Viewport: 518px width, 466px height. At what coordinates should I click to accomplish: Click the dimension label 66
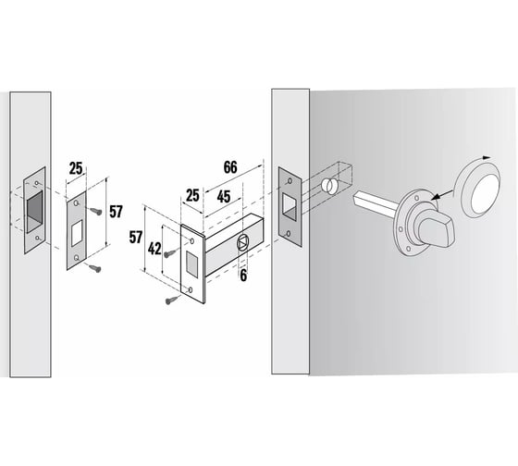(x=230, y=167)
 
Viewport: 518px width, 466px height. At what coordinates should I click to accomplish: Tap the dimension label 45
(x=224, y=197)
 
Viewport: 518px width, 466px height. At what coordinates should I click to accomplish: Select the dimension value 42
(x=154, y=249)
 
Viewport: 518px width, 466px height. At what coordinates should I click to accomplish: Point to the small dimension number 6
(x=243, y=276)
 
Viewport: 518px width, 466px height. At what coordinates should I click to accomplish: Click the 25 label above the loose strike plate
(x=76, y=168)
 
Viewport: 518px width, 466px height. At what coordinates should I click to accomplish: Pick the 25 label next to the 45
(x=192, y=195)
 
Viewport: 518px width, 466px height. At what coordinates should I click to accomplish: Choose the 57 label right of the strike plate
(x=116, y=212)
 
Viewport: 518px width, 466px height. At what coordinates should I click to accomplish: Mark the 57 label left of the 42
(x=136, y=237)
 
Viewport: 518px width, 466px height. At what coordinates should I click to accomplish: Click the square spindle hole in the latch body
(x=242, y=243)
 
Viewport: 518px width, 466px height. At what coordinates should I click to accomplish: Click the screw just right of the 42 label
(x=171, y=253)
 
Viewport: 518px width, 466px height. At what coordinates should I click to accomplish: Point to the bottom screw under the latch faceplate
(x=172, y=300)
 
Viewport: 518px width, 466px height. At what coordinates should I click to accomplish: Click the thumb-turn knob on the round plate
(x=435, y=231)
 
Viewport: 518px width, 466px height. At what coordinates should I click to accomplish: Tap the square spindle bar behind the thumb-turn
(x=375, y=204)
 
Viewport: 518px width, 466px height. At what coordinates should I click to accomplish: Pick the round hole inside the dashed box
(x=328, y=185)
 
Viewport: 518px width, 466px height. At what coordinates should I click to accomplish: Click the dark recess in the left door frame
(x=35, y=212)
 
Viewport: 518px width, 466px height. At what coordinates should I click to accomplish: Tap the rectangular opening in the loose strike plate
(x=77, y=234)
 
